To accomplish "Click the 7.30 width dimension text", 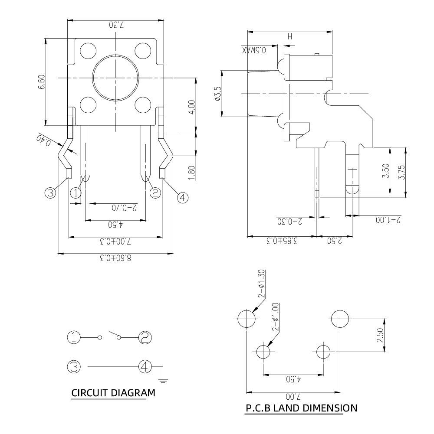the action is point(116,25).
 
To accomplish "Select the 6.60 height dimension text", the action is point(42,82).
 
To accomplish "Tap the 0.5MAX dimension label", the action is point(254,50).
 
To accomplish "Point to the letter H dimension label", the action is point(290,36).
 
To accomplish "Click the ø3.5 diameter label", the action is point(218,93).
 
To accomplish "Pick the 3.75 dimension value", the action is point(401,172).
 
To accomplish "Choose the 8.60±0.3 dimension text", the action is point(115,258).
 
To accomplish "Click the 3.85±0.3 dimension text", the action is point(282,241).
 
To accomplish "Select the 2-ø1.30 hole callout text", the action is point(261,284).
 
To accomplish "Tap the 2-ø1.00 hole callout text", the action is point(275,317).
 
